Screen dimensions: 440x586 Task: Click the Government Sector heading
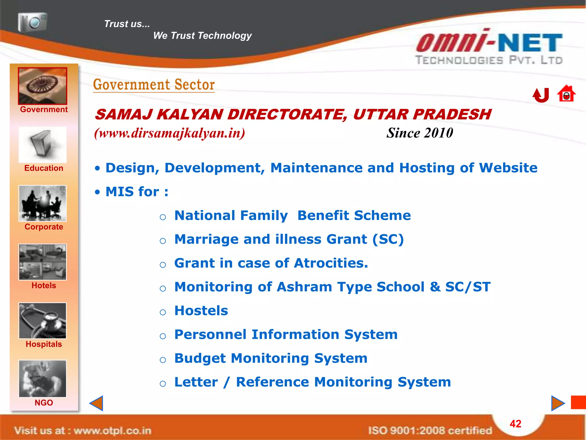pyautogui.click(x=154, y=85)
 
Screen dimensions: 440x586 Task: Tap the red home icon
pyautogui.click(x=566, y=94)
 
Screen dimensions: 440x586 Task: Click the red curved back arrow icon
pyautogui.click(x=541, y=95)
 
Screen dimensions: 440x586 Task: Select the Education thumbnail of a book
pyautogui.click(x=43, y=145)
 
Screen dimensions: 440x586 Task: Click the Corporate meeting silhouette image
pyautogui.click(x=43, y=203)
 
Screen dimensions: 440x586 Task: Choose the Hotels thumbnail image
pyautogui.click(x=43, y=262)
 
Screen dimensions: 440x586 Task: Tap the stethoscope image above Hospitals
pyautogui.click(x=43, y=321)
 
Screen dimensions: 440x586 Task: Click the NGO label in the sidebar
pyautogui.click(x=44, y=402)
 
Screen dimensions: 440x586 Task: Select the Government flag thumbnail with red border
pyautogui.click(x=43, y=86)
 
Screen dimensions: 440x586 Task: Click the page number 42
pyautogui.click(x=515, y=424)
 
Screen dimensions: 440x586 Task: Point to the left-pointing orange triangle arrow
pyautogui.click(x=97, y=403)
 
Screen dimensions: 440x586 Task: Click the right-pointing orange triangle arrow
pyautogui.click(x=557, y=403)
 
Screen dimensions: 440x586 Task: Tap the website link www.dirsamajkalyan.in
pyautogui.click(x=170, y=133)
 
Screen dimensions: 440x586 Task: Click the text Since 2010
pyautogui.click(x=419, y=133)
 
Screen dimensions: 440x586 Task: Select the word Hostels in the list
pyautogui.click(x=201, y=311)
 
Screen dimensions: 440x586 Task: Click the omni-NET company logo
pyautogui.click(x=489, y=47)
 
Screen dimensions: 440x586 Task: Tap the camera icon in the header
pyautogui.click(x=32, y=22)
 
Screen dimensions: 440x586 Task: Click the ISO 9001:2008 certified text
pyautogui.click(x=430, y=430)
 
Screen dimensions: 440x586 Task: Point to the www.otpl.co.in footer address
pyautogui.click(x=112, y=431)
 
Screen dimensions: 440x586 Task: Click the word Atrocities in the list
pyautogui.click(x=331, y=263)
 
